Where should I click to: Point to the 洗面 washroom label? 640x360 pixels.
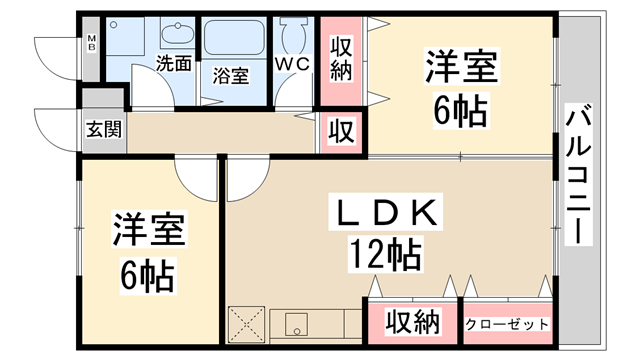pyautogui.click(x=173, y=64)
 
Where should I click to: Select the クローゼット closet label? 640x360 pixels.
pyautogui.click(x=507, y=324)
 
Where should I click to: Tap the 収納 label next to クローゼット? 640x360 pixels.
pyautogui.click(x=412, y=323)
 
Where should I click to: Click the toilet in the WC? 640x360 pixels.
pyautogui.click(x=294, y=36)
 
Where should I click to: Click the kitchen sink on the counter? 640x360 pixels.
pyautogui.click(x=297, y=324)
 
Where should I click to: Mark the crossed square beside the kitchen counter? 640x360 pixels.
pyautogui.click(x=246, y=324)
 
